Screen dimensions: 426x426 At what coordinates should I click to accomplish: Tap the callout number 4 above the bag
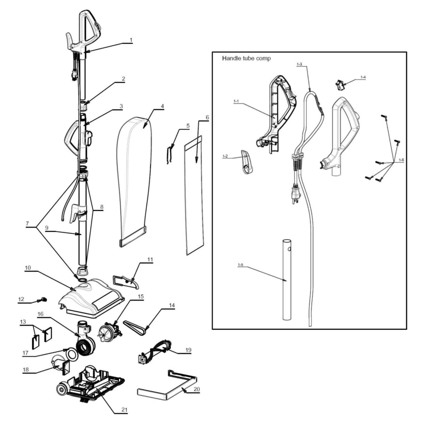162,106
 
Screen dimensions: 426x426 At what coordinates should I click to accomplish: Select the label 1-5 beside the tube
240,265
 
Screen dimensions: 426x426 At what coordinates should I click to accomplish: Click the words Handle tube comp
246,58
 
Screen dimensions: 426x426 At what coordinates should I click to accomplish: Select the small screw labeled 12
43,300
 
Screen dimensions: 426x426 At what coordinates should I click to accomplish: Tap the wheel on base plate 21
62,390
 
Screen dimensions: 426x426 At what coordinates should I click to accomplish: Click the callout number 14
172,305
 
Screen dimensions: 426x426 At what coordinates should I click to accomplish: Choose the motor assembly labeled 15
109,330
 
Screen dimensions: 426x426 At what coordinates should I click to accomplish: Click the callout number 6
207,117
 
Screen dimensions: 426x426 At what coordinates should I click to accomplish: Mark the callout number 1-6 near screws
401,160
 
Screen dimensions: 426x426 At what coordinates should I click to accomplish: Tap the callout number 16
40,314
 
